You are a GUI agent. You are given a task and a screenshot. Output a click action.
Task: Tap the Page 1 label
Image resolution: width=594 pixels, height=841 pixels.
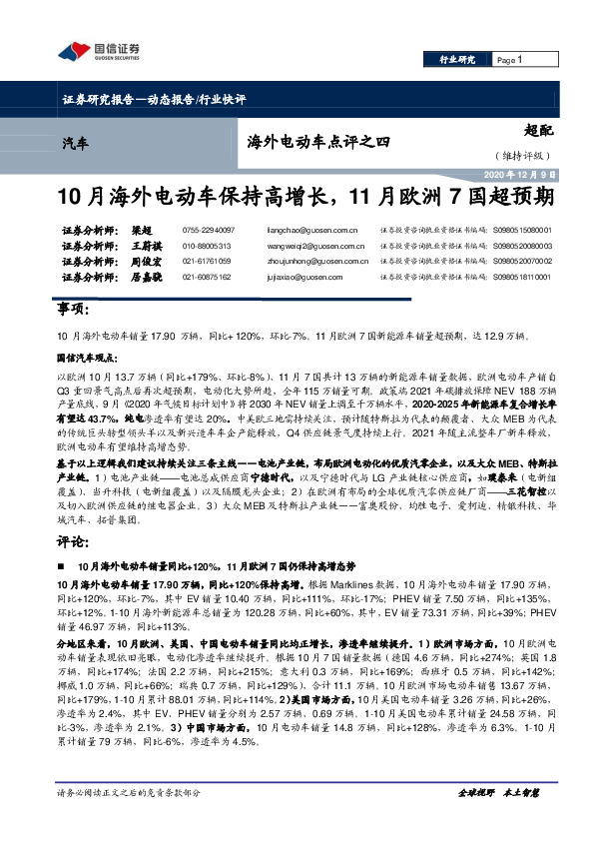509,60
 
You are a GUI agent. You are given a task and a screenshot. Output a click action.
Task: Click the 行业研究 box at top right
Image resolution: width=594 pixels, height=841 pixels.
458,60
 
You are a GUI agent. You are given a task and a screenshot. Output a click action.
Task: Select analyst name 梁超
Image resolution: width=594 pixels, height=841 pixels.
142,230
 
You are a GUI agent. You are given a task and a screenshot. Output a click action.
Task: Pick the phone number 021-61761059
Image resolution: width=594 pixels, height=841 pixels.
210,260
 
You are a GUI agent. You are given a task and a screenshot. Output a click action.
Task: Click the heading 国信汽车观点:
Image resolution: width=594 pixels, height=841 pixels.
87,356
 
